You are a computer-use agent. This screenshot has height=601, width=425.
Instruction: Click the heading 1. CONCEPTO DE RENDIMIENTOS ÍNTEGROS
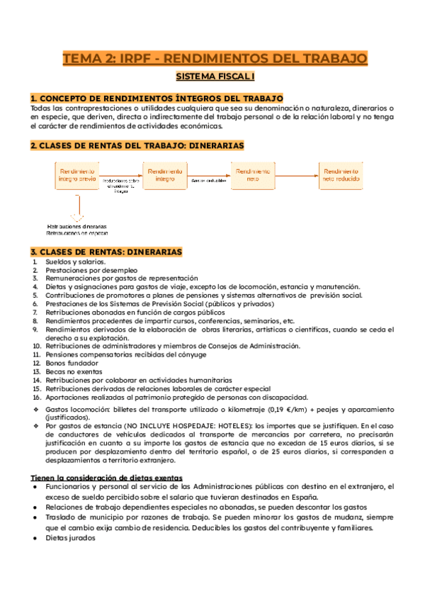[157, 98]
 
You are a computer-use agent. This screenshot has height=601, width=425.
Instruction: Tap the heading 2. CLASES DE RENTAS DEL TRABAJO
[137, 145]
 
